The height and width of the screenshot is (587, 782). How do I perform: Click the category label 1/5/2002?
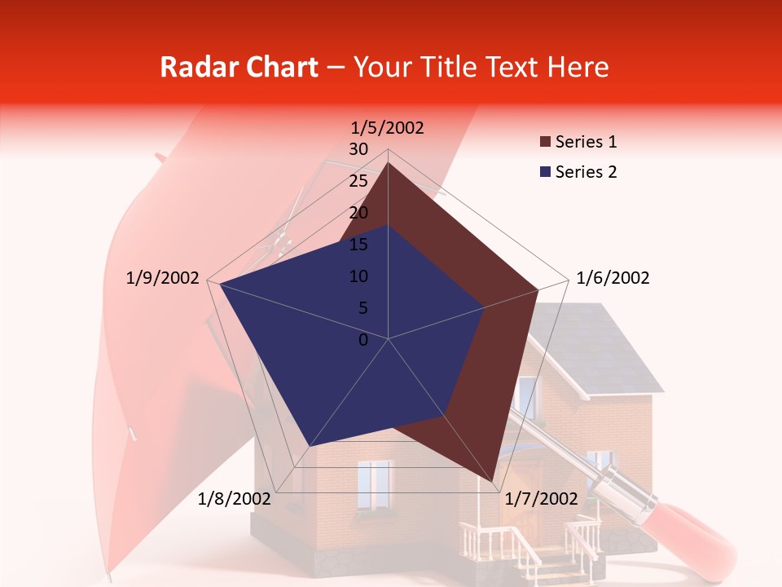click(388, 128)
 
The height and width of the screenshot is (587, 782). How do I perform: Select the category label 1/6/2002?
click(613, 278)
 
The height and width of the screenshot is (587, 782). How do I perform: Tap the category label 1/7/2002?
click(542, 499)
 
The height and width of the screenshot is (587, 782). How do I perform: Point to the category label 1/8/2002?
click(235, 499)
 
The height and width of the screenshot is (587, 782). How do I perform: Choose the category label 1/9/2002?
click(163, 278)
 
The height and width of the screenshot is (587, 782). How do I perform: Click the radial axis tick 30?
click(358, 149)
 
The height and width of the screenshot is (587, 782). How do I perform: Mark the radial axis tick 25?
click(358, 181)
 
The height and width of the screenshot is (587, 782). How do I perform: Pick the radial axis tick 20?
click(358, 213)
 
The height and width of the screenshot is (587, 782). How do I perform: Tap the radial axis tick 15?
click(358, 245)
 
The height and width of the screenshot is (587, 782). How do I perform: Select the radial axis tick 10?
click(358, 276)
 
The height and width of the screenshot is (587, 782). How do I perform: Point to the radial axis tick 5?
click(362, 308)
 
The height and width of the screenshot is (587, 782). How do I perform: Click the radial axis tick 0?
click(363, 340)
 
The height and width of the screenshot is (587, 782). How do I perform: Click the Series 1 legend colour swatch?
click(545, 143)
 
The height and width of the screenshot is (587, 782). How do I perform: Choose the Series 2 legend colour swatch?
click(545, 172)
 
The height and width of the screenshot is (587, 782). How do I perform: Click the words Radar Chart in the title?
click(239, 67)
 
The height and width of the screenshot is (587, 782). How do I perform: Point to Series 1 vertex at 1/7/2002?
click(493, 481)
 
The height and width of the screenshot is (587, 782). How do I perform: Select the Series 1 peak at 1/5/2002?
click(389, 162)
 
